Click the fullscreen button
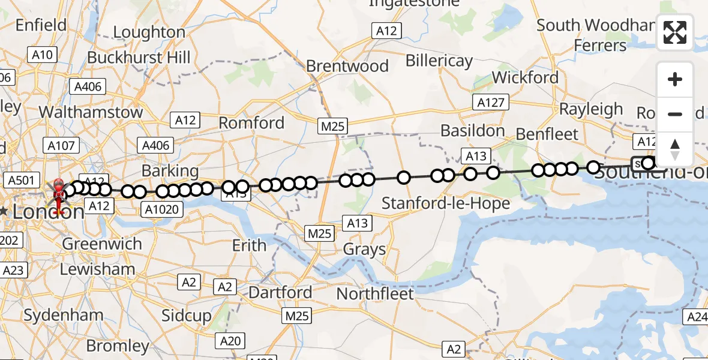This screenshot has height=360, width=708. [x=675, y=32]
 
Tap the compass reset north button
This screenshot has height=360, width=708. [x=675, y=149]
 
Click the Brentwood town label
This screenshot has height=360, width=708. [x=347, y=65]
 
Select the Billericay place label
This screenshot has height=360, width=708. [x=439, y=61]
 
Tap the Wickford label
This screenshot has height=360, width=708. [x=525, y=77]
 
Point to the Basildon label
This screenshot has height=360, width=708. [x=472, y=130]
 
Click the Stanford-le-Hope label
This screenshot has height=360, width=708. [x=446, y=203]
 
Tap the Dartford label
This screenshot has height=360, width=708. [x=280, y=293]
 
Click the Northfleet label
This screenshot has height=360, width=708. [x=375, y=294]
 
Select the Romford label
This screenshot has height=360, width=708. [x=251, y=123]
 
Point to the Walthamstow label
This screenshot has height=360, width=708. [x=91, y=112]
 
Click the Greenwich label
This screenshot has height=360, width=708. [x=102, y=244]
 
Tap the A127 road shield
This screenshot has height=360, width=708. [x=490, y=103]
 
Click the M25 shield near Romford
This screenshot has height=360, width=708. [x=332, y=125]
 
